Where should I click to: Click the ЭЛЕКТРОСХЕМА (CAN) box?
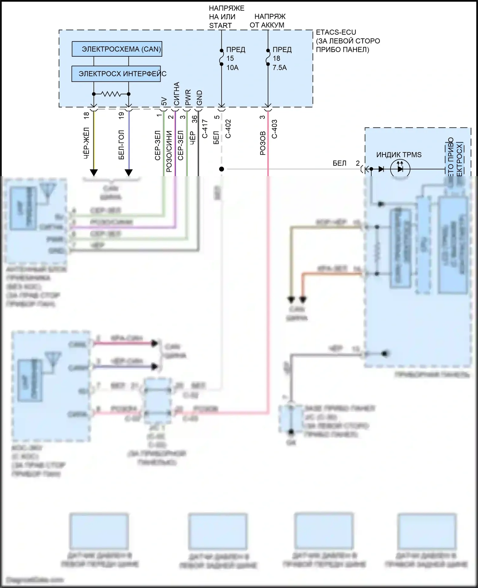pyautogui.click(x=117, y=49)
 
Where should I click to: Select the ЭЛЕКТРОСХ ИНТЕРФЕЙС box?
pyautogui.click(x=116, y=74)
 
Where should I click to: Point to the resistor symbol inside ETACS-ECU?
pyautogui.click(x=111, y=94)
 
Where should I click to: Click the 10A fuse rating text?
pyautogui.click(x=232, y=68)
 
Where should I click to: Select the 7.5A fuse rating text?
pyautogui.click(x=279, y=68)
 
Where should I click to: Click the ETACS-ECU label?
pyautogui.click(x=336, y=32)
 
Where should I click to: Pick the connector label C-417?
pyautogui.click(x=205, y=129)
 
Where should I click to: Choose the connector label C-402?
pyautogui.click(x=228, y=129)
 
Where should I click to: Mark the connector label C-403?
pyautogui.click(x=274, y=129)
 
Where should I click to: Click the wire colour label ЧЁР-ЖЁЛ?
pyautogui.click(x=86, y=143)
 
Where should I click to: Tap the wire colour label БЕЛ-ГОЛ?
pyautogui.click(x=121, y=145)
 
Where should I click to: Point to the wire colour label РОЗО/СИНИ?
pyautogui.click(x=169, y=151)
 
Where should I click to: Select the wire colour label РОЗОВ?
pyautogui.click(x=263, y=143)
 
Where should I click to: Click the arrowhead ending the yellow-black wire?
pyautogui.click(x=94, y=172)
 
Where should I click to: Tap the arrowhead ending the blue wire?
pyautogui.click(x=129, y=172)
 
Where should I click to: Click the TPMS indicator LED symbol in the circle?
pyautogui.click(x=400, y=169)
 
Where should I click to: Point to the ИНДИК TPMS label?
pyautogui.click(x=399, y=155)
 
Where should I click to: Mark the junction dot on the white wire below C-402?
pyautogui.click(x=221, y=169)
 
